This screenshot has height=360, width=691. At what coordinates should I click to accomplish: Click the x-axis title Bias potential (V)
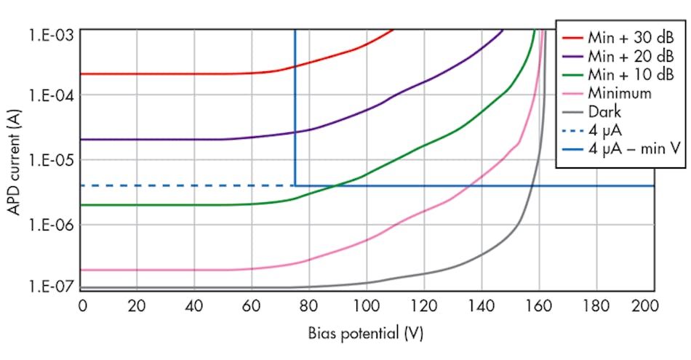366,335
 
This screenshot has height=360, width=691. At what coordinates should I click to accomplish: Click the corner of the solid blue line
295,185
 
